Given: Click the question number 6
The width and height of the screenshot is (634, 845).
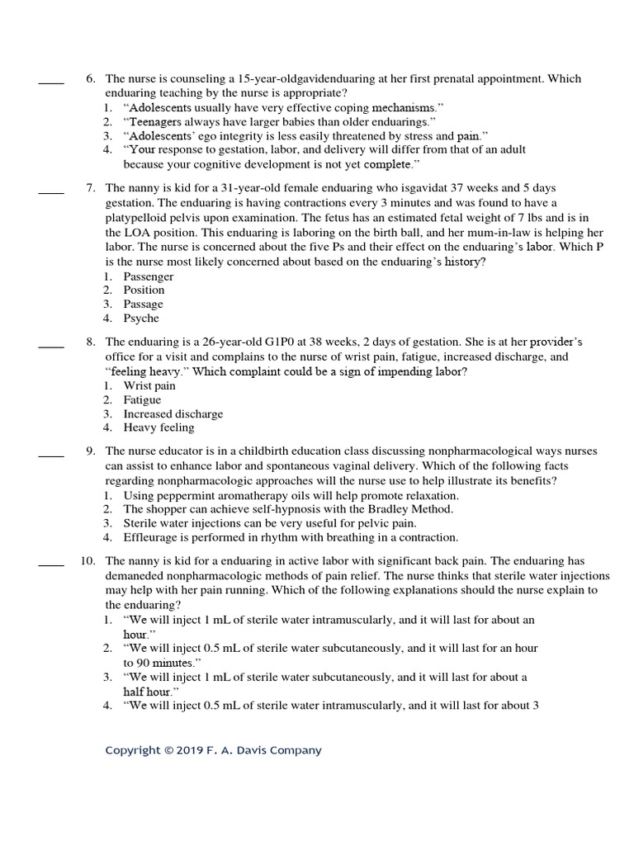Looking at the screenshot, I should pos(92,78).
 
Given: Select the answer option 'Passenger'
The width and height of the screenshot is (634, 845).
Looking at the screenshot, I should pos(149,276).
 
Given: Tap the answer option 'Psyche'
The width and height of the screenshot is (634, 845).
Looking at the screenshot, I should pos(141,319).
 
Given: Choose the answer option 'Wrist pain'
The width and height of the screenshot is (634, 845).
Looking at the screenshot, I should pos(149,385).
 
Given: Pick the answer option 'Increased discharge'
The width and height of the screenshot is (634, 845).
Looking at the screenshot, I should pos(173,413).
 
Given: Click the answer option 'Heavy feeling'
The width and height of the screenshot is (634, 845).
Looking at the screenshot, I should pos(159,427).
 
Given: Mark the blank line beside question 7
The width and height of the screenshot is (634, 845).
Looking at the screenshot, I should pos(51,193).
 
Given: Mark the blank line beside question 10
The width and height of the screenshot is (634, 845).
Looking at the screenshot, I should pos(51,565).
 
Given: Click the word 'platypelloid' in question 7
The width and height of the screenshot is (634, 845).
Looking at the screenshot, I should pos(137,217).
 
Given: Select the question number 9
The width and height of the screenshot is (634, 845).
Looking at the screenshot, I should pos(92,451).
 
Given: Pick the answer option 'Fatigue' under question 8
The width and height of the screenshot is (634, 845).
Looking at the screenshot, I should pos(143,399).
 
